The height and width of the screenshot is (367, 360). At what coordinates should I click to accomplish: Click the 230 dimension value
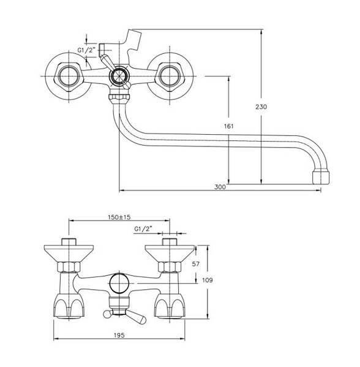[261, 107]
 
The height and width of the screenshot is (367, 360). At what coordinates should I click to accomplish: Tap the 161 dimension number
[229, 126]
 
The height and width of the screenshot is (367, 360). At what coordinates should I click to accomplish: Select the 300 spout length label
[220, 187]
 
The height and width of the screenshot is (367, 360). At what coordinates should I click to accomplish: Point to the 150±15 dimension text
[119, 217]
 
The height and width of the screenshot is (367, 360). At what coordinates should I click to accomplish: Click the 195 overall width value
[119, 335]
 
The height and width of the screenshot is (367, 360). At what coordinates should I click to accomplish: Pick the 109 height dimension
[208, 280]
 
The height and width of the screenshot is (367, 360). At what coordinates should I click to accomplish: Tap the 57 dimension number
[195, 264]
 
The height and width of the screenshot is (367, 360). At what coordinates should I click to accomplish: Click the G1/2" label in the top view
[86, 50]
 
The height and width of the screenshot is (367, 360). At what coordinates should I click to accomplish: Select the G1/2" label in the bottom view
[143, 229]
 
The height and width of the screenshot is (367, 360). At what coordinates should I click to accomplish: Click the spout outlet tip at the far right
[321, 178]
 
